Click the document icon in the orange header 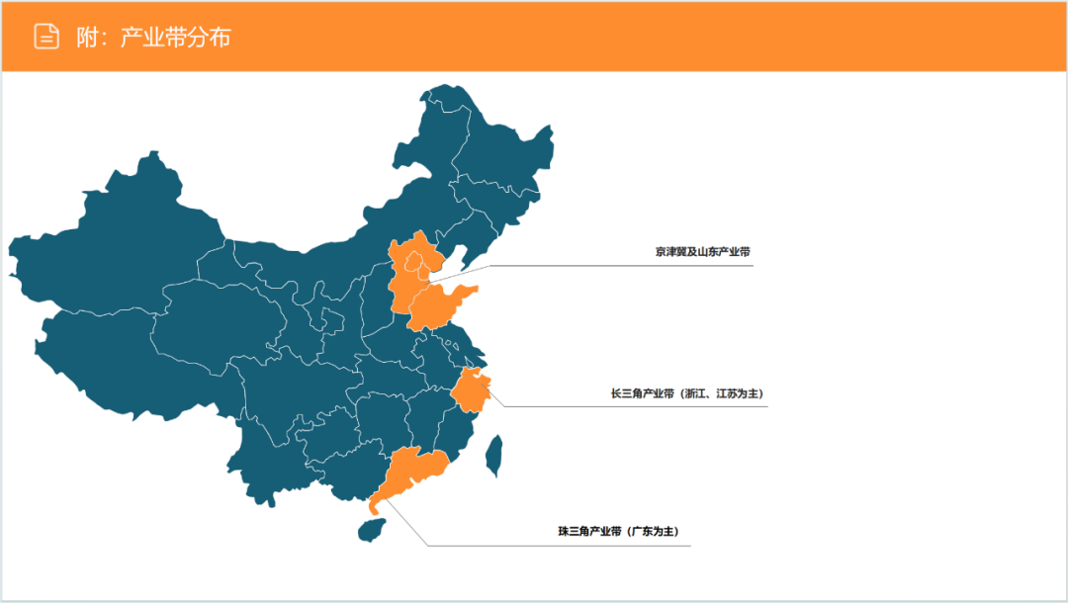(46, 37)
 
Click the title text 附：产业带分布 (153, 38)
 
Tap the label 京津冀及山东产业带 (702, 252)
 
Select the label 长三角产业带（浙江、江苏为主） (687, 393)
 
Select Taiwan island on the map (493, 454)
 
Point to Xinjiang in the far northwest (119, 237)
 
